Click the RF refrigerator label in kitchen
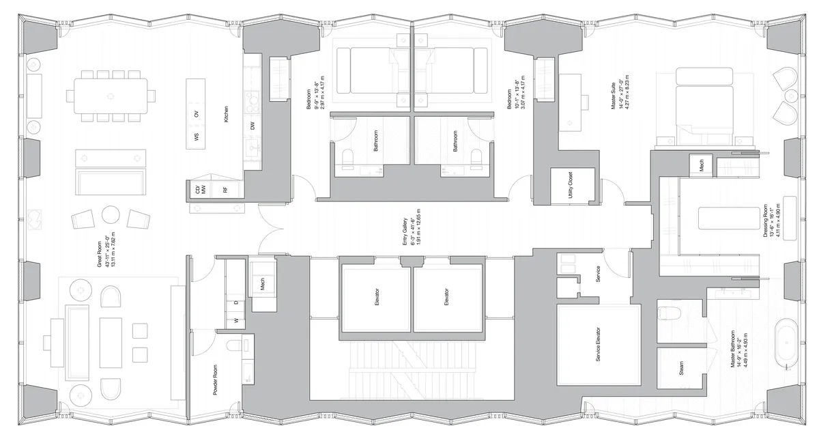pos(225,190)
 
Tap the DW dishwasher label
pos(253,126)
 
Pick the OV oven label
pos(197,114)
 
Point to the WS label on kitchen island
pos(197,137)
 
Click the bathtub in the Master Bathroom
pos(788,349)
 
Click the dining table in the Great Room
pos(109,97)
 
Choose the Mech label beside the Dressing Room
pos(699,165)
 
